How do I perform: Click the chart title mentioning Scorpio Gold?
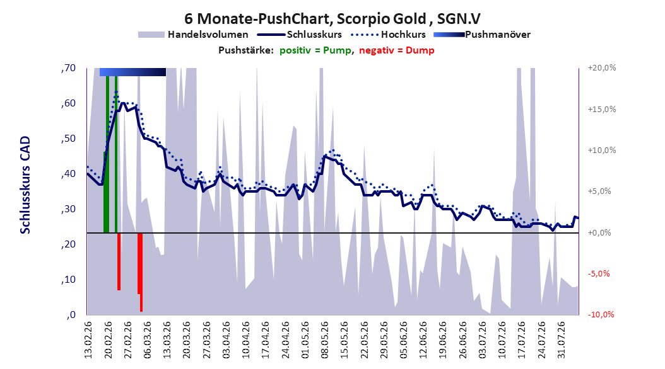[332, 19]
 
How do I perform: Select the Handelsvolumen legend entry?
[194, 35]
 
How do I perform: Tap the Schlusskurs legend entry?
[300, 35]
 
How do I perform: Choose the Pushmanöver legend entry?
[482, 35]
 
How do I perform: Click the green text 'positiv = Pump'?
[315, 50]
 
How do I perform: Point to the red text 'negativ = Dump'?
[397, 50]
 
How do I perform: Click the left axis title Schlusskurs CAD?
[25, 185]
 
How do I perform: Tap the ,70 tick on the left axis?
[68, 68]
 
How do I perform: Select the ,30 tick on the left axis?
[68, 209]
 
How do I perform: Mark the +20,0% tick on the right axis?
[602, 68]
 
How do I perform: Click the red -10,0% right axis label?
[601, 314]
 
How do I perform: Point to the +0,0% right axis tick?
[599, 233]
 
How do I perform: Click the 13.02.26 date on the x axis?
[88, 340]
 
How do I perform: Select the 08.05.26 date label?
[325, 340]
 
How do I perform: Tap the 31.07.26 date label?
[562, 340]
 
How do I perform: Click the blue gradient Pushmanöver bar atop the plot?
[132, 72]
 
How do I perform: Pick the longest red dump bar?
[141, 272]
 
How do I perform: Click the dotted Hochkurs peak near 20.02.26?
[116, 91]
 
